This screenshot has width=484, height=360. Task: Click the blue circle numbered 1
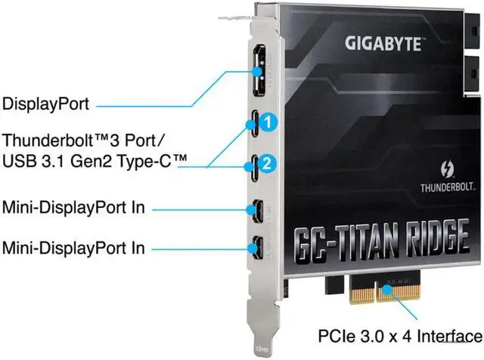click(273, 121)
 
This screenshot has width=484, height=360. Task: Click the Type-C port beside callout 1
click(256, 121)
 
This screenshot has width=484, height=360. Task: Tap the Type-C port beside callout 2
click(256, 163)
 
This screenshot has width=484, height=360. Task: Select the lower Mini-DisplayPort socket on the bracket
click(257, 245)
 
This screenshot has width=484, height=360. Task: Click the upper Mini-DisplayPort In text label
click(73, 206)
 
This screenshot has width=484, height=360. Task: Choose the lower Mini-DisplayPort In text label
click(73, 247)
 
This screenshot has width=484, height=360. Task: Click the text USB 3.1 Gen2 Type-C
click(94, 160)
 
